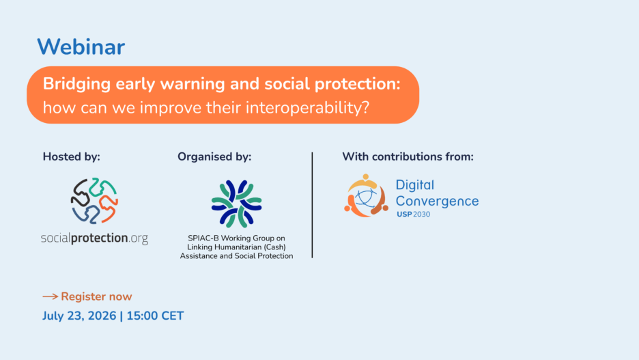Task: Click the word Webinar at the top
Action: pos(81,47)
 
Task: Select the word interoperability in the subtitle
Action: pos(303,108)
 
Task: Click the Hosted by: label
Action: pos(71,156)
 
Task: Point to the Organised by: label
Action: pos(214,156)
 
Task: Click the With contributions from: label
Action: pos(408,156)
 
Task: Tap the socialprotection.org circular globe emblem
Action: pos(94,201)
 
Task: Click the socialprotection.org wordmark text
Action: pos(94,238)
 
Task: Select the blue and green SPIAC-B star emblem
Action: pos(236,204)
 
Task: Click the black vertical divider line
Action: pos(312,205)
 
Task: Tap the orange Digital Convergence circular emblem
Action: pos(365,195)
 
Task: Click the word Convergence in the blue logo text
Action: pos(438,201)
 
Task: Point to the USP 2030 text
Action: pos(413,214)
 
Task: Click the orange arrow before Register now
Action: pos(50,296)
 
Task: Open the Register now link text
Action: pos(96,296)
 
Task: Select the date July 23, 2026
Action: pos(79,316)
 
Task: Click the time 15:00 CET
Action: pos(155,316)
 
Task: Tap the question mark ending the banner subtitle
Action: pos(365,108)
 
